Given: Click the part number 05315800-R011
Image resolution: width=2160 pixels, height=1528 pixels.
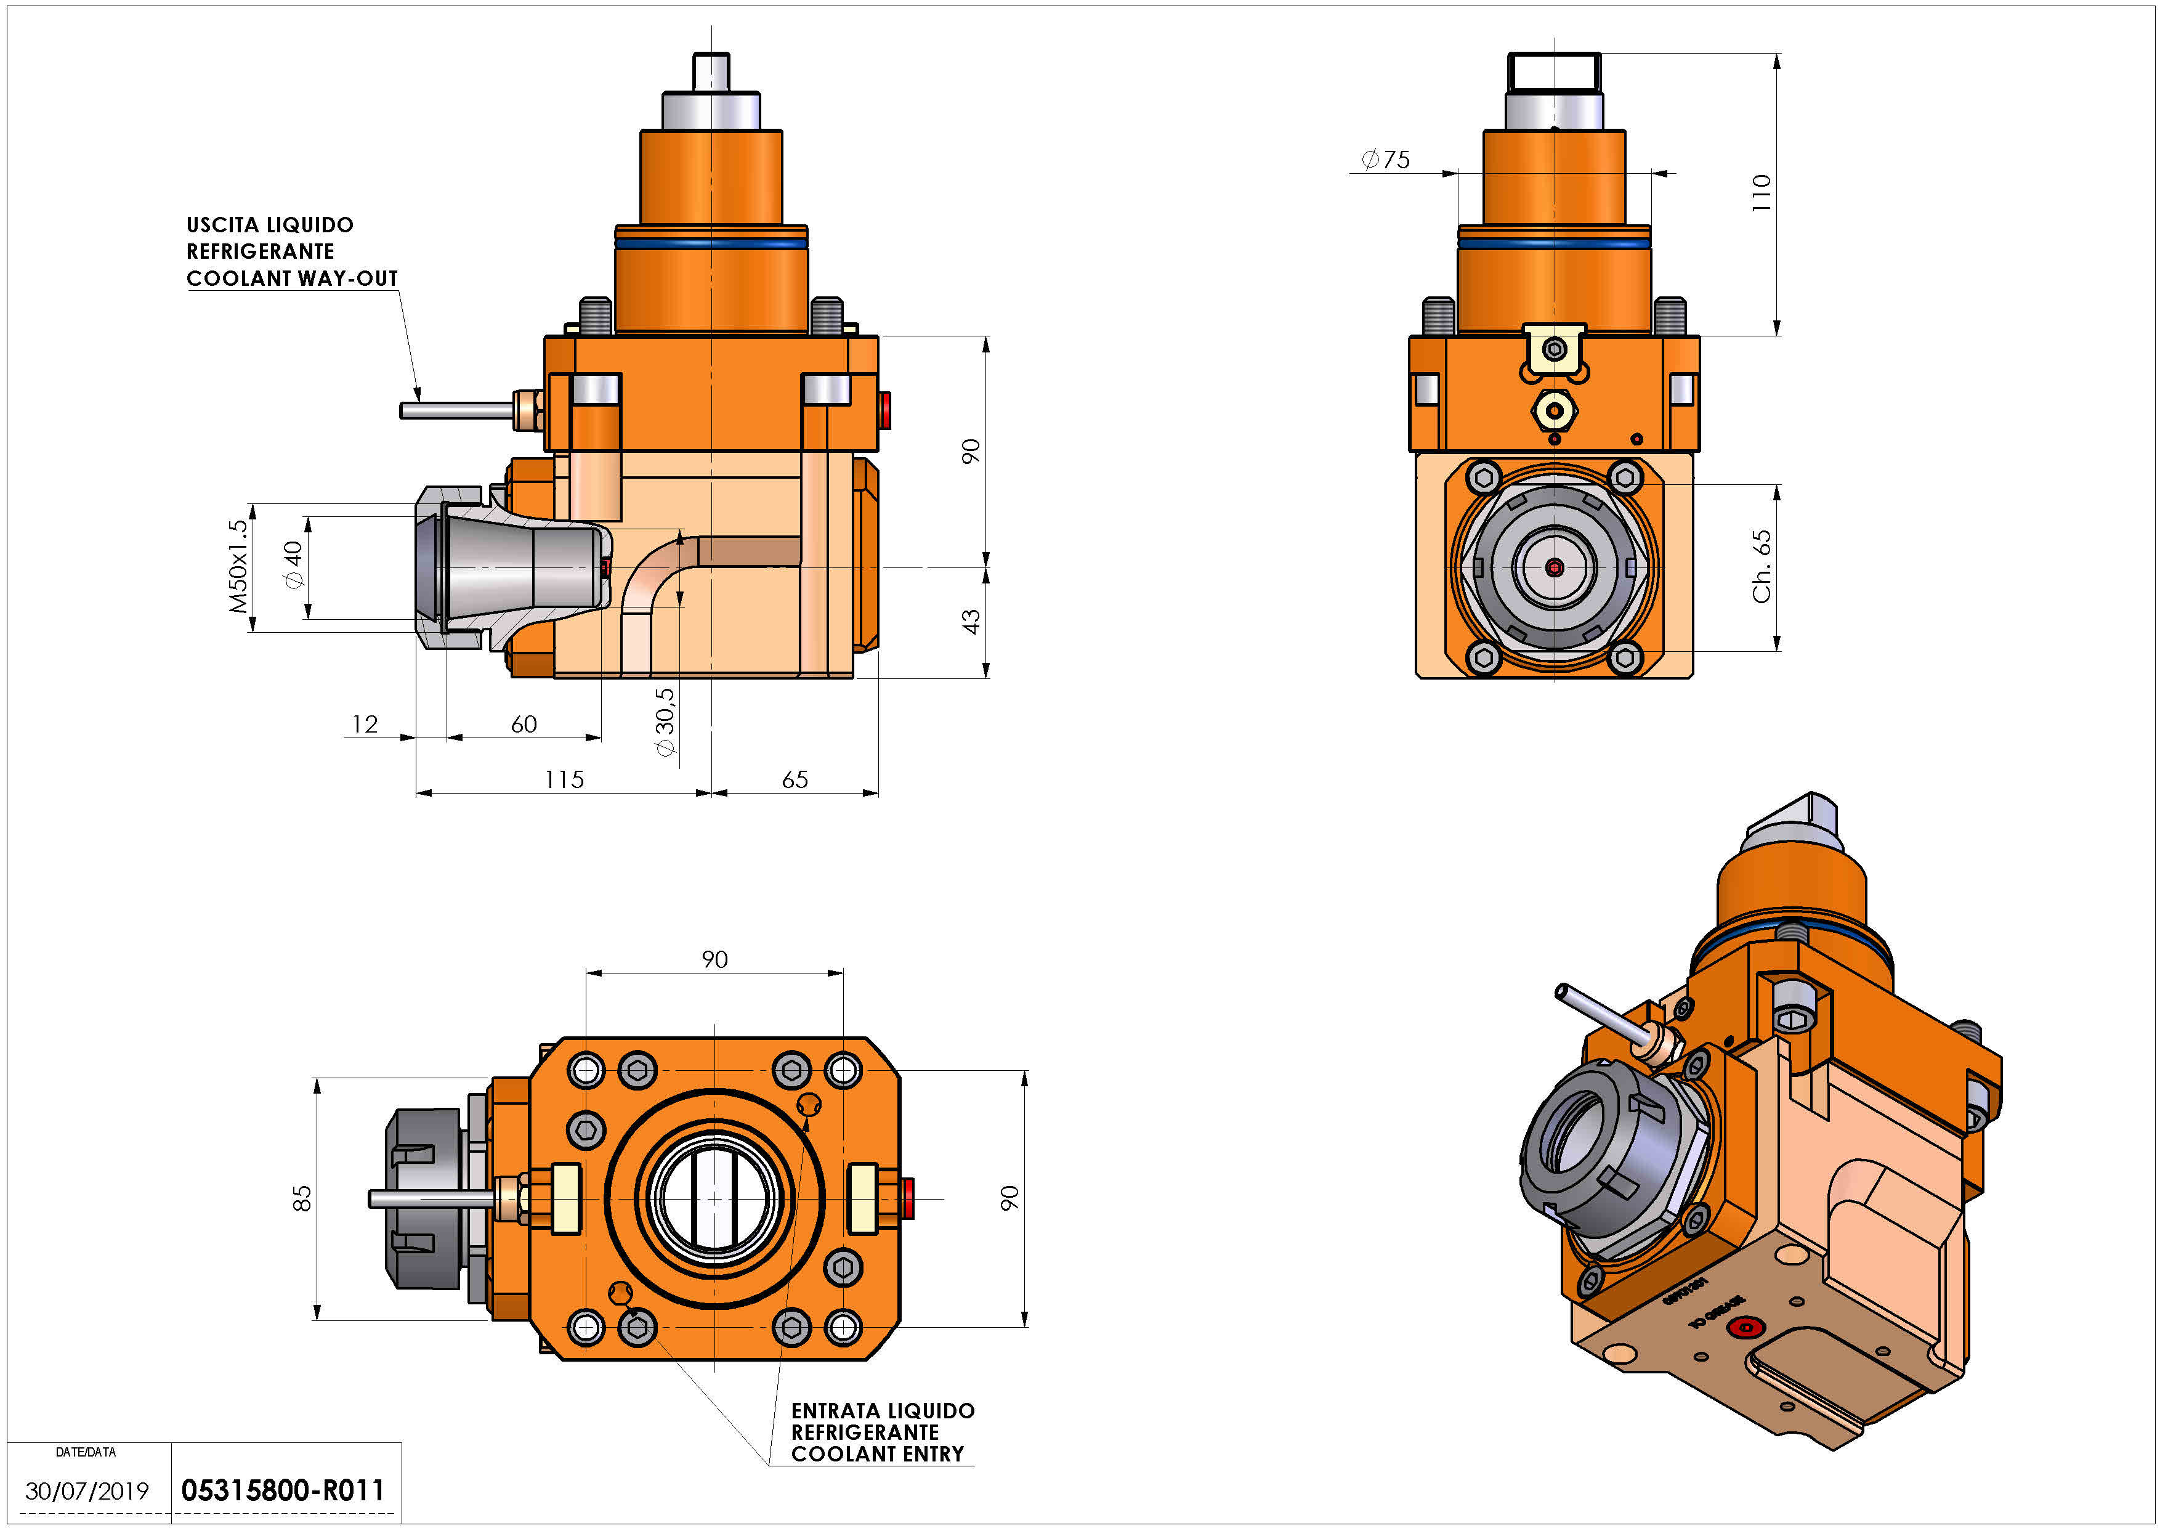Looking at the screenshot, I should click(x=282, y=1490).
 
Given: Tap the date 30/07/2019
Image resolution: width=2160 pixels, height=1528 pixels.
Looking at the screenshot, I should click(x=87, y=1491).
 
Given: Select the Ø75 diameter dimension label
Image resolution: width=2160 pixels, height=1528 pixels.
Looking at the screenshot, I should click(x=1386, y=160).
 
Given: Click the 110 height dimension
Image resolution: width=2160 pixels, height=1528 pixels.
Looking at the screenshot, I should click(x=1761, y=192).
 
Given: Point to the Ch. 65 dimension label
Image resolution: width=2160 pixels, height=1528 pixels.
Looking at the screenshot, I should click(x=1761, y=566).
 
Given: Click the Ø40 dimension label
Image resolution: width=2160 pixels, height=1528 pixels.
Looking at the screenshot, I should click(x=294, y=564).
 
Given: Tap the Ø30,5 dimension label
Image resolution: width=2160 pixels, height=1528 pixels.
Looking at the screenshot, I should click(x=665, y=721).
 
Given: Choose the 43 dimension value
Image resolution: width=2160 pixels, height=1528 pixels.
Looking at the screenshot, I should click(x=971, y=621).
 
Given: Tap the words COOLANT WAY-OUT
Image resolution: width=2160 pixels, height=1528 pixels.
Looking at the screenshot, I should click(x=292, y=278).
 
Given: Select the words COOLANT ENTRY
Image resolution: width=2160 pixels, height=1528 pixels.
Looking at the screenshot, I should click(x=877, y=1453).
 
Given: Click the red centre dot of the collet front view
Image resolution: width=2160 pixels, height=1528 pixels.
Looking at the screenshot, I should click(x=1554, y=567).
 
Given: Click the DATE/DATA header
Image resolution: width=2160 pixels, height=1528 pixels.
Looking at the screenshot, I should click(x=86, y=1452).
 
